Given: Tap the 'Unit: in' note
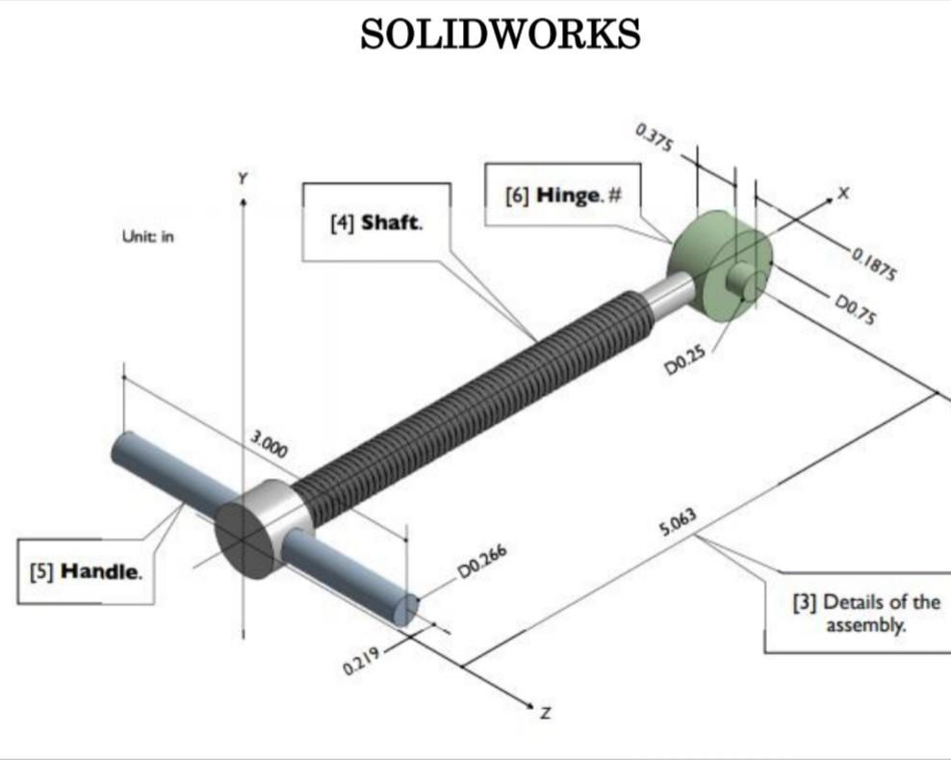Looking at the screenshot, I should (x=147, y=236).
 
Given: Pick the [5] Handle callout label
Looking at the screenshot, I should (x=88, y=571).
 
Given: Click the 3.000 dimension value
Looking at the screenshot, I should (x=269, y=447).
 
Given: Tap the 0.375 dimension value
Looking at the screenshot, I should (x=655, y=140).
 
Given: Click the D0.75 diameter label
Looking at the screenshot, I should (x=855, y=312).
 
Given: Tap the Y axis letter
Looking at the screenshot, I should (x=243, y=177).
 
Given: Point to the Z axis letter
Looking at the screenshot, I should (x=545, y=714).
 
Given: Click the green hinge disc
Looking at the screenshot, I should (x=700, y=255).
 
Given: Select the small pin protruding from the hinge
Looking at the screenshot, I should (x=743, y=280).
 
